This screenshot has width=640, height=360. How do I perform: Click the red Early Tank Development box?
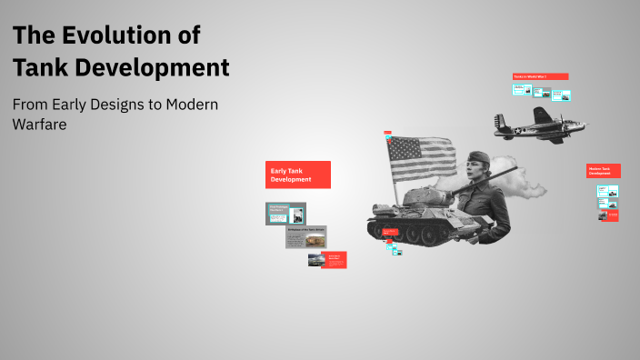pyautogui.click(x=298, y=175)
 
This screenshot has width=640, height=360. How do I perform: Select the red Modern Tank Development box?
pyautogui.click(x=604, y=171)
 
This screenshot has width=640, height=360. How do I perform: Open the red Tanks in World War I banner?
pyautogui.click(x=541, y=76)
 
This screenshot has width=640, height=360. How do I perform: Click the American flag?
pyautogui.click(x=420, y=160)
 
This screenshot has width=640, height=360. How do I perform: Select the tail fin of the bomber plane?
pyautogui.click(x=500, y=120)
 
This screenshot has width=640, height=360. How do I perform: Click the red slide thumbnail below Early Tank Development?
pyautogui.click(x=335, y=260)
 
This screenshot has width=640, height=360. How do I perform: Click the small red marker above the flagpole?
pyautogui.click(x=387, y=133)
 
